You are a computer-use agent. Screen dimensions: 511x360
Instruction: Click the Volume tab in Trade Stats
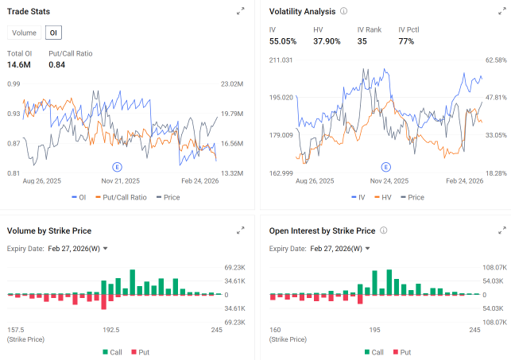pos(24,33)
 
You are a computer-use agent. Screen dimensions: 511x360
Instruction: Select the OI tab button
pos(53,33)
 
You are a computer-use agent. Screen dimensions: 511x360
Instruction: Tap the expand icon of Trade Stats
pos(241,11)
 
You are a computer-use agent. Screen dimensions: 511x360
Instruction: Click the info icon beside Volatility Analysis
pos(343,11)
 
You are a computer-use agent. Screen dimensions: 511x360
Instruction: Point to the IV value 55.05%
pos(283,41)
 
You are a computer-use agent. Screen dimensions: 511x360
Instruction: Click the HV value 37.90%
pos(327,41)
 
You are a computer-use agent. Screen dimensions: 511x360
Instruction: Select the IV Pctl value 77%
pos(406,41)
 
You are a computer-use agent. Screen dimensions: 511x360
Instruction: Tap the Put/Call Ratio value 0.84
pos(56,65)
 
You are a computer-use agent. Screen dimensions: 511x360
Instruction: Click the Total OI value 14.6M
pos(19,65)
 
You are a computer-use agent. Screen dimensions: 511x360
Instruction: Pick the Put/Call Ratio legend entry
pos(122,197)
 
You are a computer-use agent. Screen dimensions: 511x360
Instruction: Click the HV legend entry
pos(382,197)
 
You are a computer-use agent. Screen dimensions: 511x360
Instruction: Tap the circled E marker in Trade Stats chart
pos(117,167)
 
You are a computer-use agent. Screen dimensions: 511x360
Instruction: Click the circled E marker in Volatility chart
pos(386,167)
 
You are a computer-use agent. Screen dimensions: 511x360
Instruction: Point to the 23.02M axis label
pos(232,84)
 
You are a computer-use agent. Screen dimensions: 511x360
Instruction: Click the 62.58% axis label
pos(496,60)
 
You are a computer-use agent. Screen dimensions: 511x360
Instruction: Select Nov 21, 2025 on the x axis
pos(121,181)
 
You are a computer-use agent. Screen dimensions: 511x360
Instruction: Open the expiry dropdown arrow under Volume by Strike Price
pos(105,249)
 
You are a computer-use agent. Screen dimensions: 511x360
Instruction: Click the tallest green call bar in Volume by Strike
pos(132,282)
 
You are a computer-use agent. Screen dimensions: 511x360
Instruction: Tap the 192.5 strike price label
pos(111,330)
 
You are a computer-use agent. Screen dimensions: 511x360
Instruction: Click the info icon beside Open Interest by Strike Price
pos(384,230)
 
